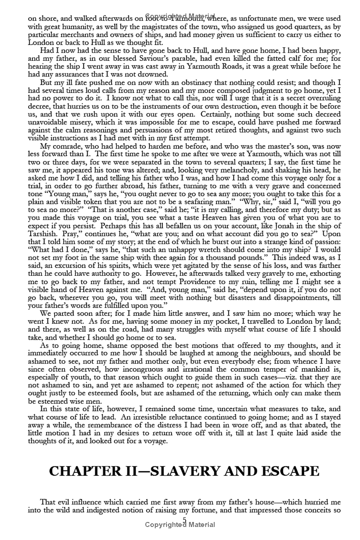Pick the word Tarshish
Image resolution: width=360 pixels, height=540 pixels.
pyautogui.click(x=42, y=233)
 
